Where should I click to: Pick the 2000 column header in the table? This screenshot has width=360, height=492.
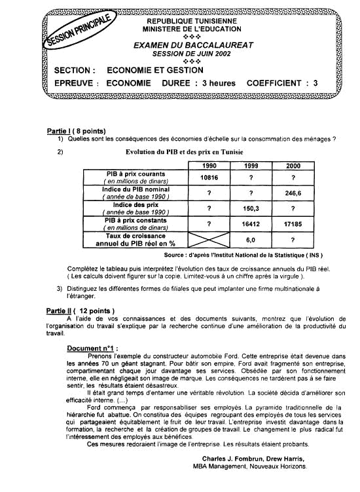(x=294, y=166)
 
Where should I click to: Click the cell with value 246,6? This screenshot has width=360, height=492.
(x=294, y=193)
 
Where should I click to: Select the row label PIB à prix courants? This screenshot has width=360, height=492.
(x=136, y=174)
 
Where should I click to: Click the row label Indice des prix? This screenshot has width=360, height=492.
(x=136, y=205)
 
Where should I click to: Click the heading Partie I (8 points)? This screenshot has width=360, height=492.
(x=77, y=131)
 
